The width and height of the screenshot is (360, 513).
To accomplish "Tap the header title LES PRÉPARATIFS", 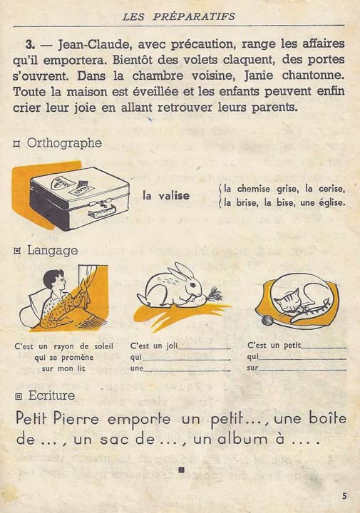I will point(179,15).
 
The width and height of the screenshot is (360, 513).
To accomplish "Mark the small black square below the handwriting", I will point(181,470).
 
